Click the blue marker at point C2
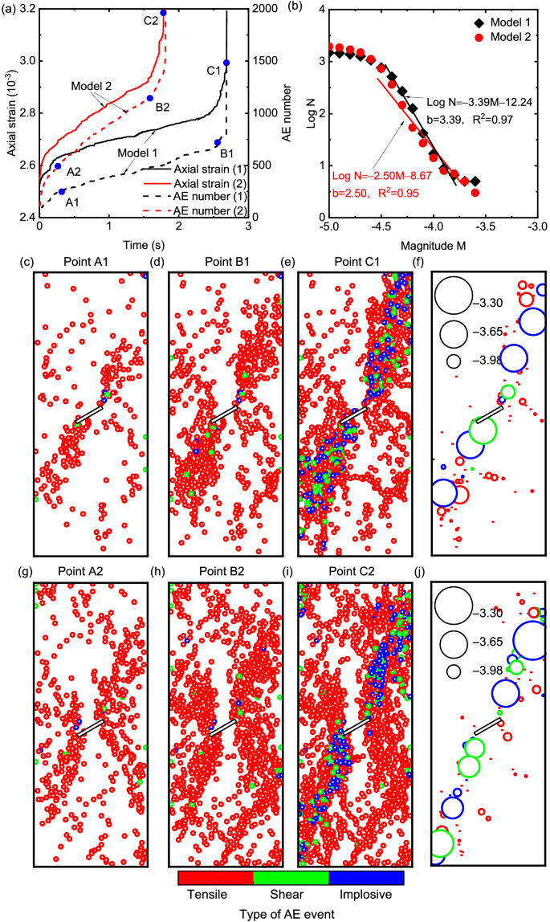[164, 13]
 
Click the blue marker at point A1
[63, 192]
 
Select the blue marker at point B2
[150, 98]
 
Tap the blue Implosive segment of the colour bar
[365, 878]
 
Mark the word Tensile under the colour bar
[205, 895]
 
